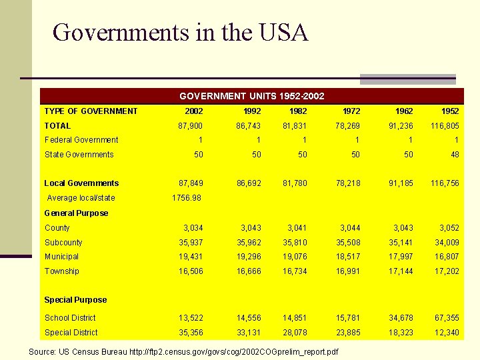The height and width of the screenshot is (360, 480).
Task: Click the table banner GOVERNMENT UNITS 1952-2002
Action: [252, 96]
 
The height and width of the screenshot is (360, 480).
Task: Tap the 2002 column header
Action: [193, 111]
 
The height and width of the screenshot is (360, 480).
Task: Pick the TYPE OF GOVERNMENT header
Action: [91, 111]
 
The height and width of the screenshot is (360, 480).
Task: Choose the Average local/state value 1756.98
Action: [187, 198]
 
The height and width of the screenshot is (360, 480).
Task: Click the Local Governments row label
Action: [81, 183]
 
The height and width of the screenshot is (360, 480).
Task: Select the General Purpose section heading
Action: [76, 213]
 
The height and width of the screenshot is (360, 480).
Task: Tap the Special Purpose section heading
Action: [75, 300]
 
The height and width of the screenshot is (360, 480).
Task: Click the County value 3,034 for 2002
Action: [191, 228]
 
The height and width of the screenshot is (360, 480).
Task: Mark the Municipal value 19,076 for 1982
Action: [294, 257]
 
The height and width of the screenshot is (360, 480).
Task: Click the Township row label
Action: [62, 271]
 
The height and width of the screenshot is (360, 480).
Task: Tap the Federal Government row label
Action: [81, 140]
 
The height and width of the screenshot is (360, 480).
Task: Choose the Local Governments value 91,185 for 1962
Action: [398, 183]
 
